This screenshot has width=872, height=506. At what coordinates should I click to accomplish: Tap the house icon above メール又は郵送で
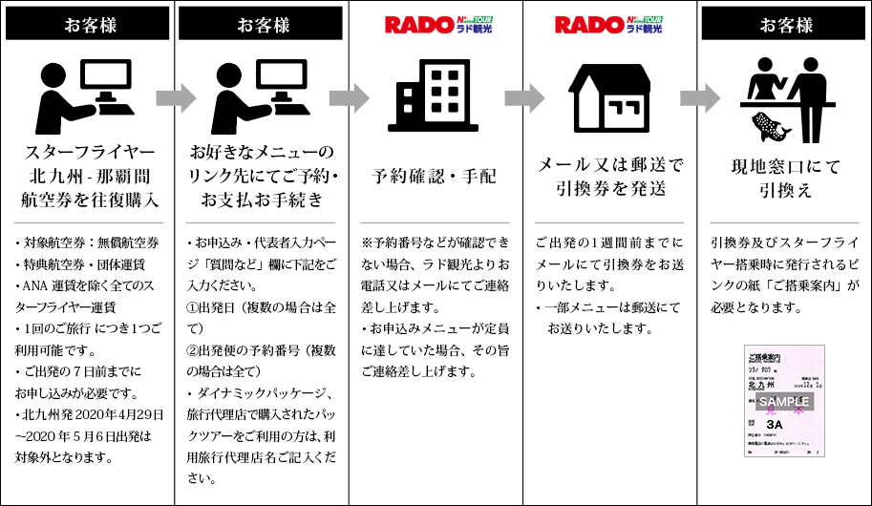(610, 98)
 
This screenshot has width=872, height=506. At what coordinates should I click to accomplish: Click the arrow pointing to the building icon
(348, 97)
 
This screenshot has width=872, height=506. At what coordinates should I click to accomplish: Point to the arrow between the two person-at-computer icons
(175, 97)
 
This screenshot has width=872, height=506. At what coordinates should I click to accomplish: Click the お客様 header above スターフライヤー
(87, 26)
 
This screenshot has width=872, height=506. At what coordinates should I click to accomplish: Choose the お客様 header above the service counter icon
(785, 26)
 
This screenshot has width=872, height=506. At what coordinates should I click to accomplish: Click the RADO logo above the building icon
(436, 25)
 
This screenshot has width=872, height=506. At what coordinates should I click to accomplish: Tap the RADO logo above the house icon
(609, 25)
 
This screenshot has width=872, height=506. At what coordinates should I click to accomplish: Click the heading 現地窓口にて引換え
(785, 178)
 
